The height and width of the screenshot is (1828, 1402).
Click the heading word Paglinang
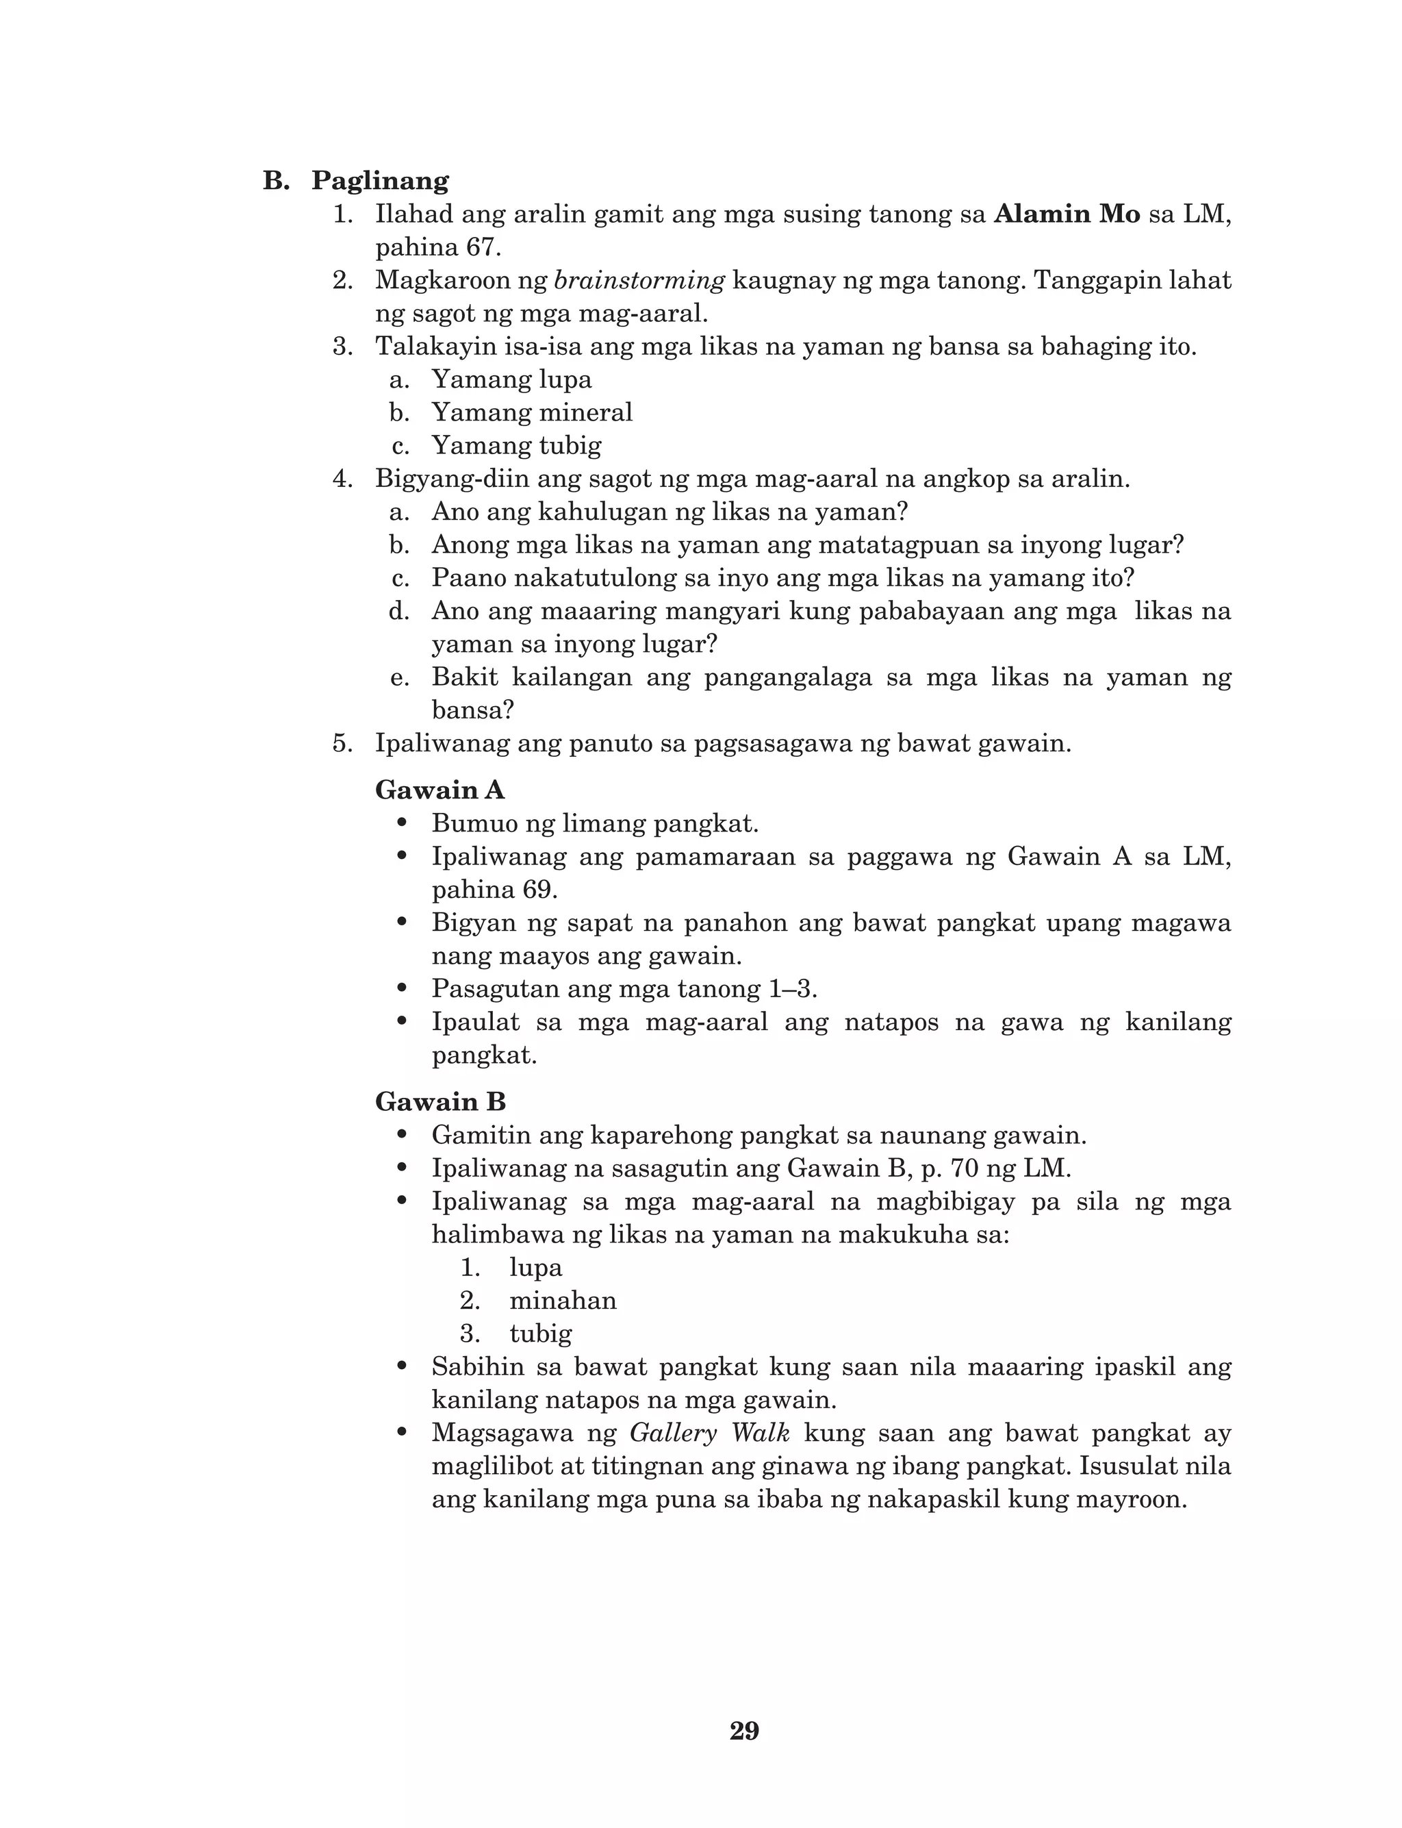381,181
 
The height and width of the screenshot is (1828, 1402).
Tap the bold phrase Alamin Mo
1067,214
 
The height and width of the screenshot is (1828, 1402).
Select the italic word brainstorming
639,280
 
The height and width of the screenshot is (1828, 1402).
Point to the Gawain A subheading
439,790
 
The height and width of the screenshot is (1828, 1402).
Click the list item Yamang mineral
532,412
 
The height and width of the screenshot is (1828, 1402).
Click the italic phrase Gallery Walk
709,1433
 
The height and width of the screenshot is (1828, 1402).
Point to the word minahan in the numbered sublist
563,1301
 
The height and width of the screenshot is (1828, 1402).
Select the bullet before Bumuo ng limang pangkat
403,823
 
